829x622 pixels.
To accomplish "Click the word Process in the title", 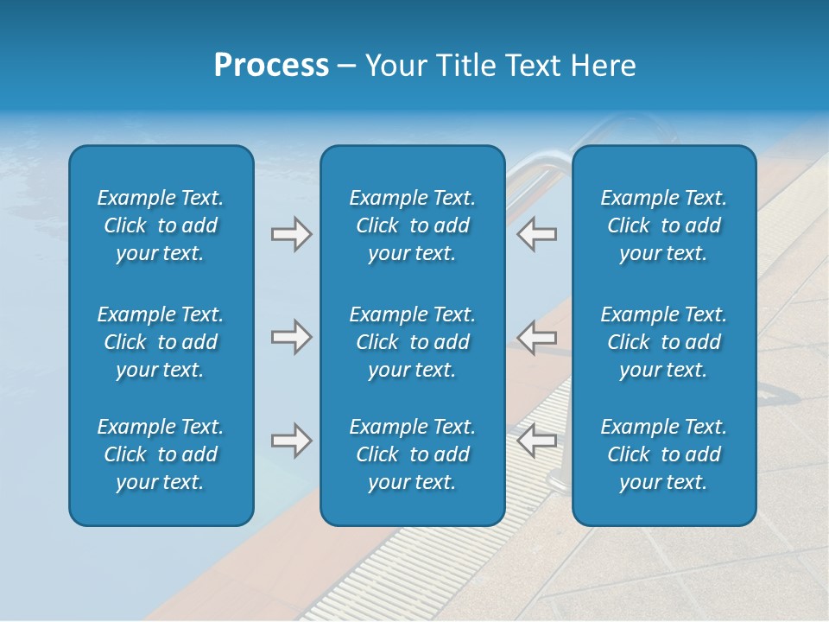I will [271, 66].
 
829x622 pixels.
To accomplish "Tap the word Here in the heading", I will [601, 66].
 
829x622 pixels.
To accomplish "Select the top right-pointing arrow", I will [292, 234].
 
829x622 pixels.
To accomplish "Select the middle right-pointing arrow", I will [292, 337].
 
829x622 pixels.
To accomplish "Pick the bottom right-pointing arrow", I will [292, 441].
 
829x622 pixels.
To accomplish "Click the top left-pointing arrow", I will [536, 234].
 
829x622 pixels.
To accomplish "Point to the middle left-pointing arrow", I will [536, 337].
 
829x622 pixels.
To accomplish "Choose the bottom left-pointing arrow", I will [536, 441].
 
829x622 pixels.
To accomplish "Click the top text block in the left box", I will [161, 225].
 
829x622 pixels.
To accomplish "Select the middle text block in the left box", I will [161, 342].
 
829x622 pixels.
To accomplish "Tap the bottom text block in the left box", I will [161, 454].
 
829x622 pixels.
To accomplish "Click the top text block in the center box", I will [412, 225].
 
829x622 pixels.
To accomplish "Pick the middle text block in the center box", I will [412, 342].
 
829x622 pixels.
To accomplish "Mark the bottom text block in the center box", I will [412, 454].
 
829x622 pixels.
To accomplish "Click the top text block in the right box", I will [663, 225].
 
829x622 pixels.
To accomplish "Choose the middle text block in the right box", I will [663, 342].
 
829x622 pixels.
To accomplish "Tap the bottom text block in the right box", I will [663, 454].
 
